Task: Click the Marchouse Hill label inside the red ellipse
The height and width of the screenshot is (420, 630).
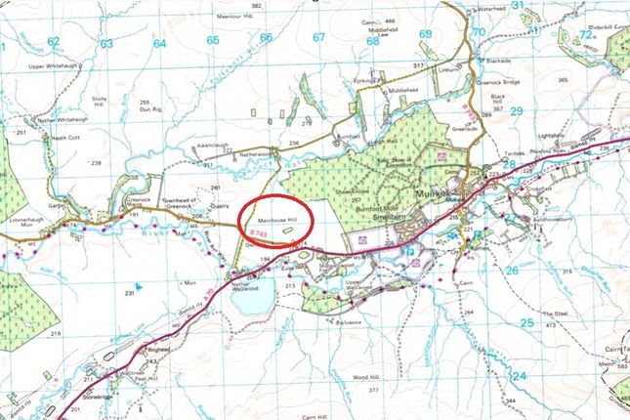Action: coord(275,220)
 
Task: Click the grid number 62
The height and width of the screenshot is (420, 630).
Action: coord(54,41)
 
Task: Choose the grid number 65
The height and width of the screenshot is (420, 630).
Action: coord(213,39)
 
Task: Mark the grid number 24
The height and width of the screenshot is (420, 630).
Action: coord(518,376)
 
